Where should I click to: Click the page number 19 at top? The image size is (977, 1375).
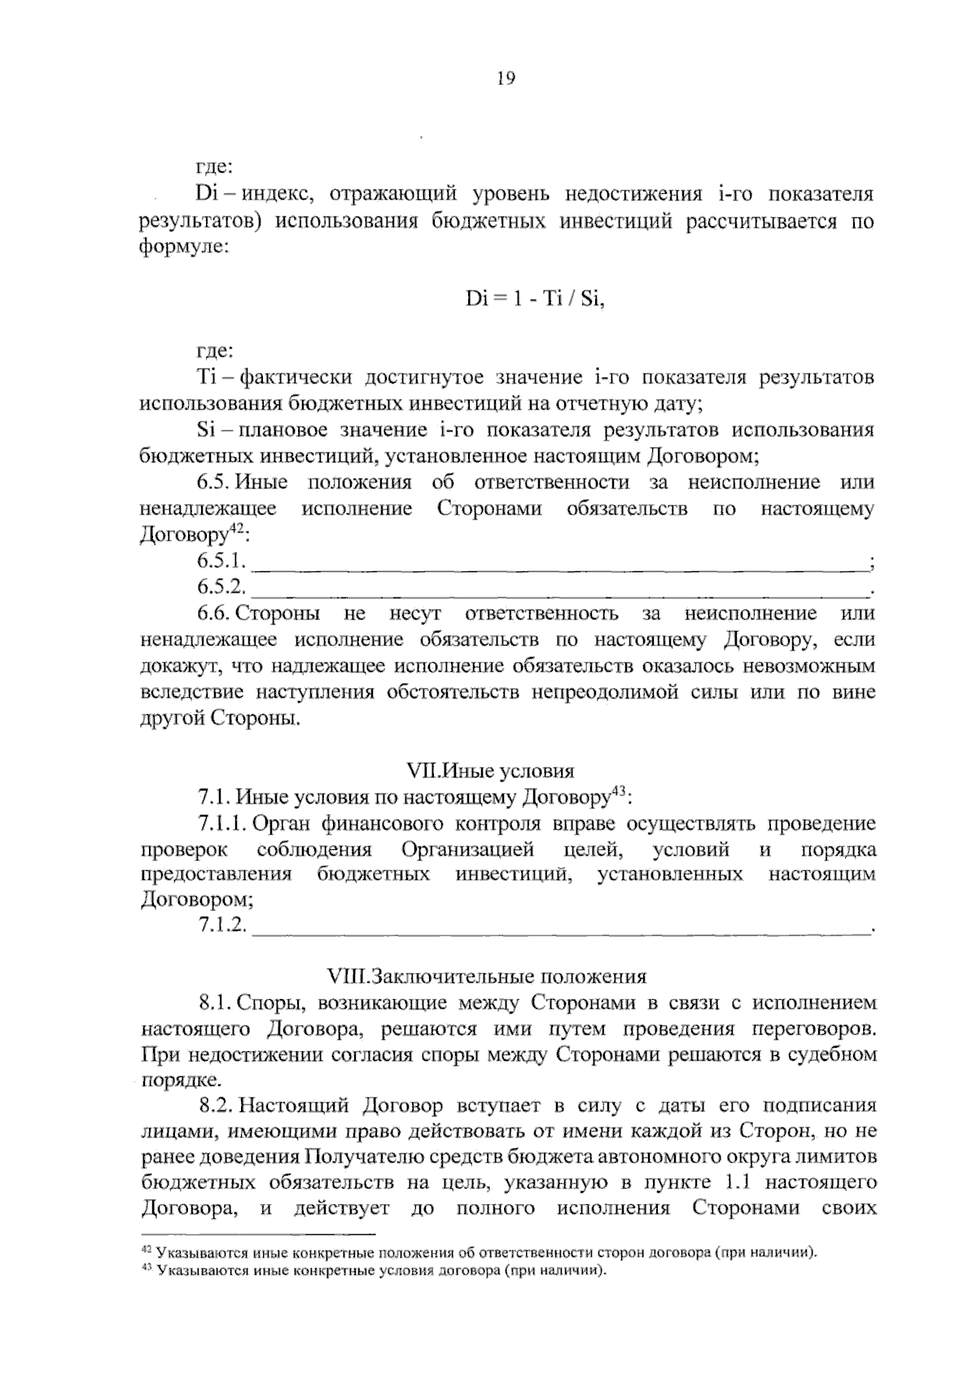(x=505, y=79)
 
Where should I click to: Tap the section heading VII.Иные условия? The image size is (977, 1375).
(x=489, y=770)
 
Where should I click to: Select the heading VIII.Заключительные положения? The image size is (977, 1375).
(x=486, y=976)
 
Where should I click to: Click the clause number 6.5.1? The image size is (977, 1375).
(x=221, y=561)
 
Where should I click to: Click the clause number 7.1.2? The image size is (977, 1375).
(x=221, y=926)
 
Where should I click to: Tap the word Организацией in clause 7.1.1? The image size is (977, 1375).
(x=467, y=850)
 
